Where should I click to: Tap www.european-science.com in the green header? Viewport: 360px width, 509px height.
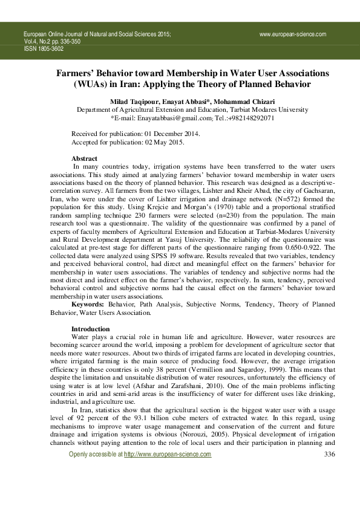tap(293, 34)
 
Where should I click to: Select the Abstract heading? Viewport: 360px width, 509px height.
tap(84, 158)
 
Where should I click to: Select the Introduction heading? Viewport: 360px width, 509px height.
tap(90, 329)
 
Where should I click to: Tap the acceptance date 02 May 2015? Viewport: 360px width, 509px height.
tap(152, 142)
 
